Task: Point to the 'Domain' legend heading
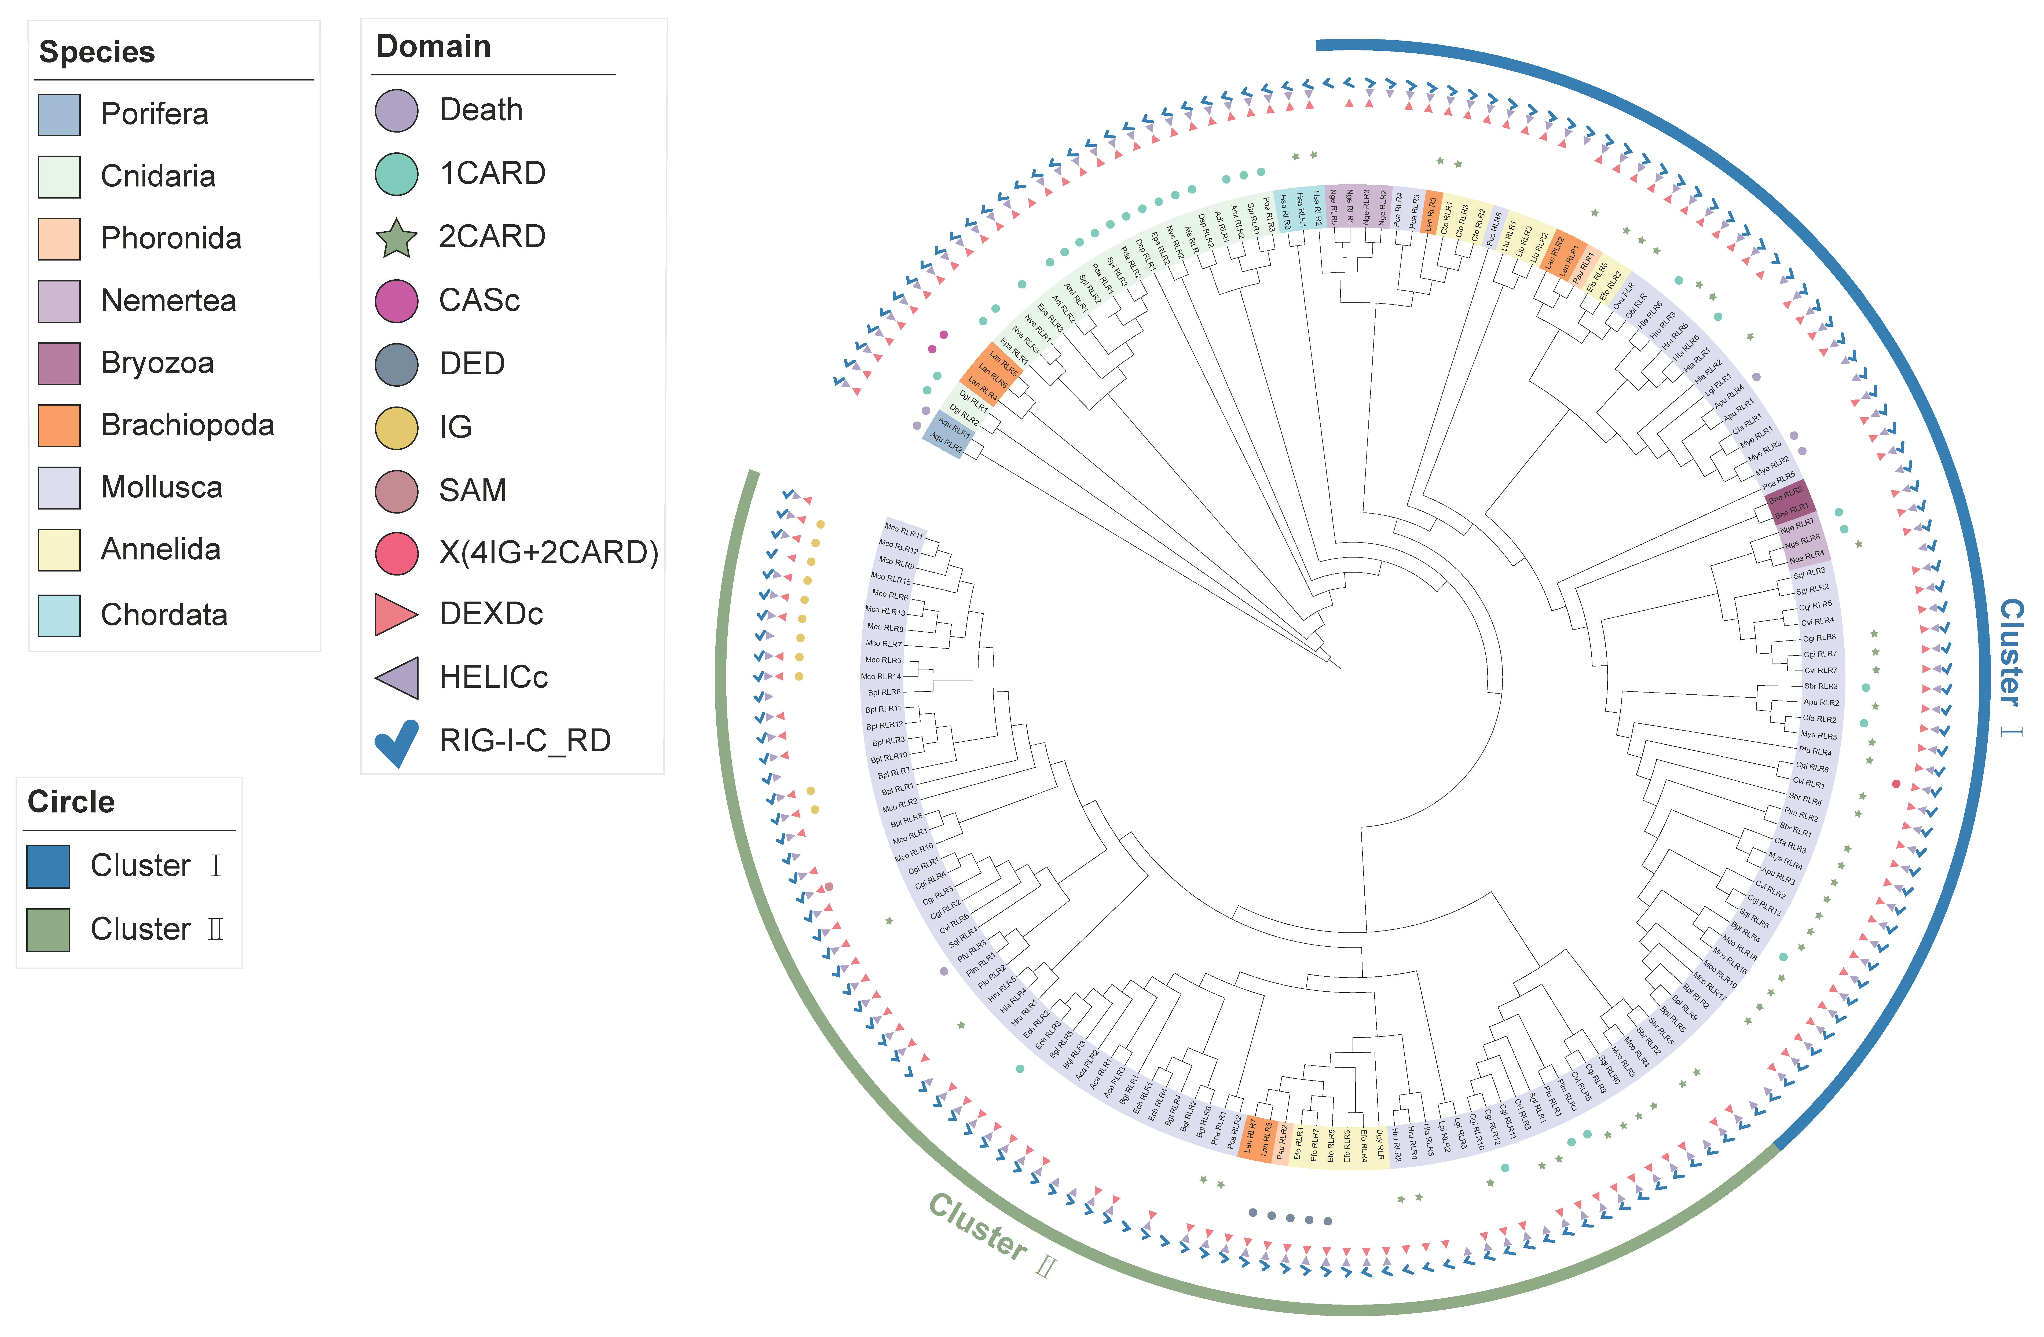click(x=434, y=46)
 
